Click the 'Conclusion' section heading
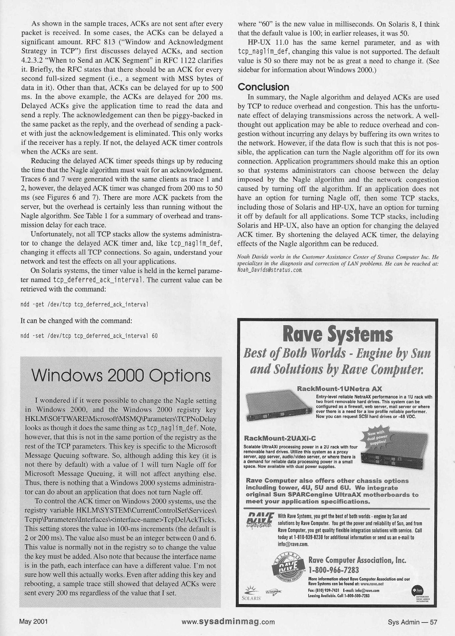coord(263,87)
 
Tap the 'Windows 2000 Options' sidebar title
coord(121,375)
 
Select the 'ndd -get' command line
coord(85,305)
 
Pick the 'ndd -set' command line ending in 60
coord(89,336)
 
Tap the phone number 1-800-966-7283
coord(334,569)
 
